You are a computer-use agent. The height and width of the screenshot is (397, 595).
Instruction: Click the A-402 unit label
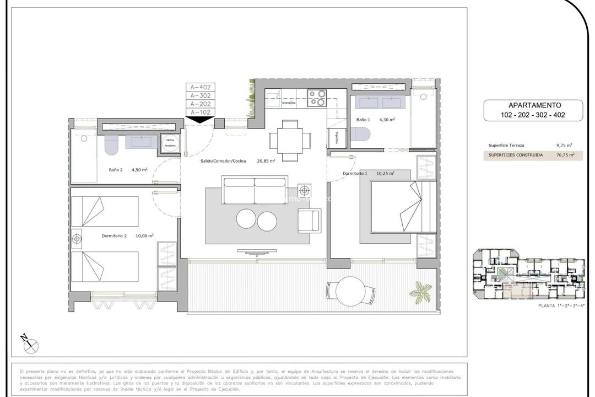(x=201, y=87)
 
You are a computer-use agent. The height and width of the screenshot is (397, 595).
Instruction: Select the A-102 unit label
(x=201, y=112)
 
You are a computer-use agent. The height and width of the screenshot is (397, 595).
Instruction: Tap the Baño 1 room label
(x=364, y=119)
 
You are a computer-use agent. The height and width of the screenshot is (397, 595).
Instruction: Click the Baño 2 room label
(x=116, y=170)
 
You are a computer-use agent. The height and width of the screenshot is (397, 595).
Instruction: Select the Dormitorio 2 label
(x=114, y=236)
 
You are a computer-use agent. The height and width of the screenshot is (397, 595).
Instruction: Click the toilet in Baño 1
(x=361, y=135)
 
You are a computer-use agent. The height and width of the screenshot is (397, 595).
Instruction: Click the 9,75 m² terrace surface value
(x=564, y=146)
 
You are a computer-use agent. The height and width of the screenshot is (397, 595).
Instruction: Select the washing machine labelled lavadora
(x=170, y=143)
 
